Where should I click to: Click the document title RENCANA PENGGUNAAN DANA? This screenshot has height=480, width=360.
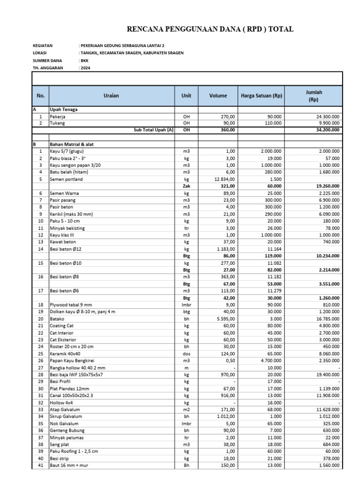(x=210, y=29)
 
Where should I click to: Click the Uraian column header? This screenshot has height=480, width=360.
(x=112, y=96)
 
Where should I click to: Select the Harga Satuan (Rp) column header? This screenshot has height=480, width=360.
(x=261, y=96)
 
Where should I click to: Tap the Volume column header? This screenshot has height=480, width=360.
(x=218, y=96)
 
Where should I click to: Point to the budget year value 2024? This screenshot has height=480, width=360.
(x=85, y=68)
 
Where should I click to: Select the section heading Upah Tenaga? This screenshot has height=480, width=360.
(x=65, y=109)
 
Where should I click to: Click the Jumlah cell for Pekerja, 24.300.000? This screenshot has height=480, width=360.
(x=328, y=116)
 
